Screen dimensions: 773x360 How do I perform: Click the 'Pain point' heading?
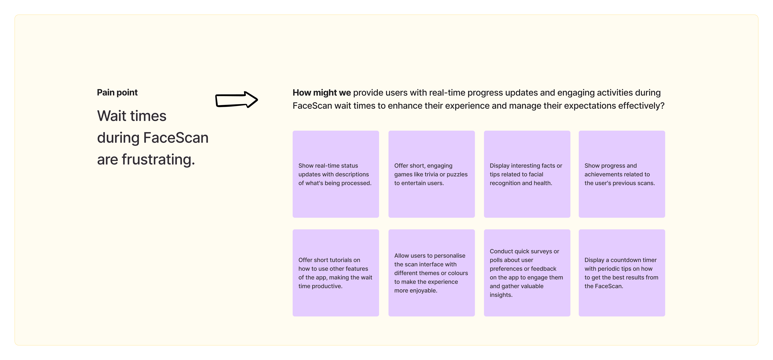click(x=117, y=92)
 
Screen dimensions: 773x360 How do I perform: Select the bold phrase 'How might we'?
click(x=321, y=93)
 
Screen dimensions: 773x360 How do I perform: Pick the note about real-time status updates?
click(x=335, y=174)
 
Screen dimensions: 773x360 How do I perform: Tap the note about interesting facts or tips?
click(x=527, y=174)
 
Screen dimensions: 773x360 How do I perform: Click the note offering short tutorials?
click(x=335, y=273)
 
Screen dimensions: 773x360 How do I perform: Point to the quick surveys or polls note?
click(x=527, y=273)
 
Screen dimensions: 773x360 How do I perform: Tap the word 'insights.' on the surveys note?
click(x=501, y=295)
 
